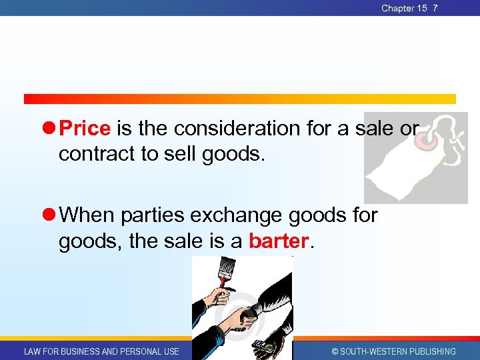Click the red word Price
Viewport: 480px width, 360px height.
pos(85,127)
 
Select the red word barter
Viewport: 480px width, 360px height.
pos(279,241)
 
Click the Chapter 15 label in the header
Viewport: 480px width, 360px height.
pos(403,8)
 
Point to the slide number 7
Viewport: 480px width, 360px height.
pos(435,8)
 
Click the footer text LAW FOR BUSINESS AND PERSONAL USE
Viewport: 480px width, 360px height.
pos(101,351)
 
